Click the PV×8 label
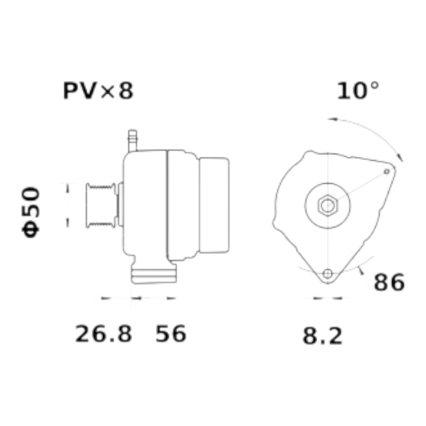click(x=98, y=91)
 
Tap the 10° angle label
click(x=357, y=90)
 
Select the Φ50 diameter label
click(x=31, y=212)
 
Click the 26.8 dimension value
click(x=104, y=334)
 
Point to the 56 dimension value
click(x=171, y=334)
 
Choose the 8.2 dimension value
click(x=322, y=336)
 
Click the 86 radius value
click(x=389, y=282)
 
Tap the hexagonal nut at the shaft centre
click(x=328, y=205)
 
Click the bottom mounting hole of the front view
click(x=328, y=273)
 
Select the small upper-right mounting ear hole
click(x=387, y=171)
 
